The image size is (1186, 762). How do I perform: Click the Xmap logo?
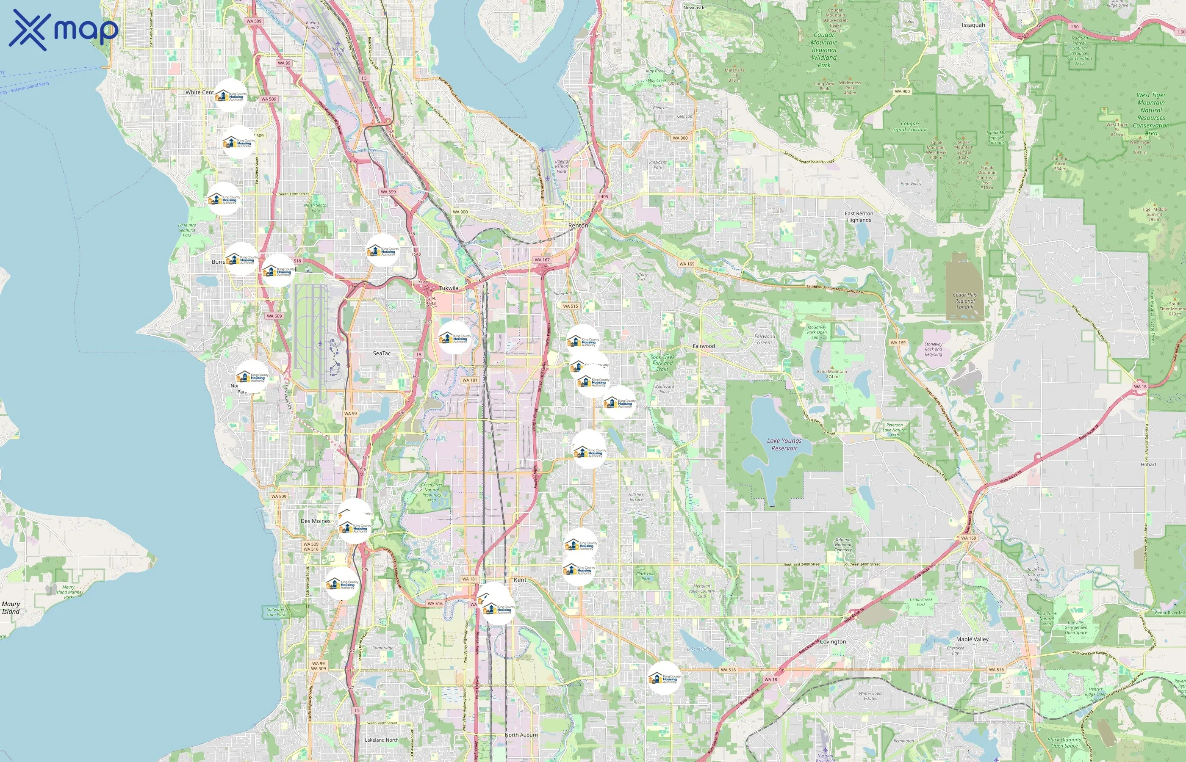point(64,30)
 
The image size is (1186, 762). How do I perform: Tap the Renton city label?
point(578,226)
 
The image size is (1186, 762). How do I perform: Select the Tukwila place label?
point(449,288)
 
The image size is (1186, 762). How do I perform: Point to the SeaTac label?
point(382,353)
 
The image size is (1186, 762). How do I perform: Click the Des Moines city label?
point(315,521)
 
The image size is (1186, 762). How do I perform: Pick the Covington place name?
point(833,642)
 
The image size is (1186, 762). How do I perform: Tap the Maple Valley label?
point(972,639)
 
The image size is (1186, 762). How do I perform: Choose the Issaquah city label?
point(973,25)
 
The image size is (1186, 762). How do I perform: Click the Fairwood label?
point(704,346)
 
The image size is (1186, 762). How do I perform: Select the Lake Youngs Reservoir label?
point(784,444)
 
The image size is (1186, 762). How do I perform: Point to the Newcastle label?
point(695,8)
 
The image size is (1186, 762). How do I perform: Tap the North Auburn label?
point(521,735)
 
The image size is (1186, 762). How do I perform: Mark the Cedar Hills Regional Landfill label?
point(965,301)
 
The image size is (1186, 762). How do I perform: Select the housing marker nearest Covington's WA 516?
point(664,678)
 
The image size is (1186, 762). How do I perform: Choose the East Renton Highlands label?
point(859,217)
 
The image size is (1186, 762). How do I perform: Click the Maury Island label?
point(11,607)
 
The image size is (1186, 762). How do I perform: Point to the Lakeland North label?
point(382,740)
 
